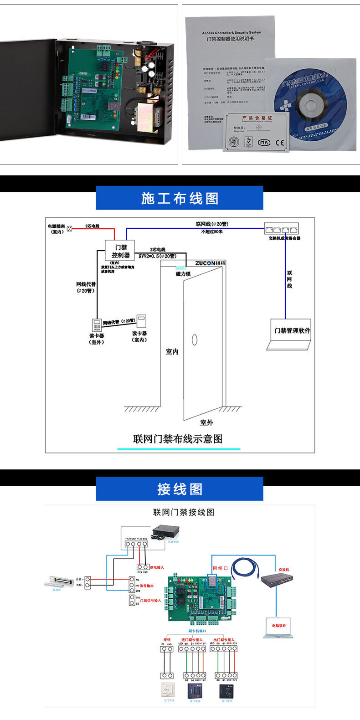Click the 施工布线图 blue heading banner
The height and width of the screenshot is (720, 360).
tap(180, 198)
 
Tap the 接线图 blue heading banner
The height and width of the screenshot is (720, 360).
tap(180, 489)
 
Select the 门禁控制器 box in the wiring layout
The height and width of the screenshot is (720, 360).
tap(121, 251)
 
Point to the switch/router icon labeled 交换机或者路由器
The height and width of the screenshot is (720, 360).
tap(282, 229)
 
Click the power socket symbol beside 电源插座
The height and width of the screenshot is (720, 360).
tap(70, 229)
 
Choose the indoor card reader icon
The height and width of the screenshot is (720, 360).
tap(142, 321)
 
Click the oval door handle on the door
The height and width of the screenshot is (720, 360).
tap(195, 339)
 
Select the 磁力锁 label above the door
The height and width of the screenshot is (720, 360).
tap(183, 274)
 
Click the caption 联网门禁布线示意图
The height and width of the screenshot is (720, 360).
tap(178, 439)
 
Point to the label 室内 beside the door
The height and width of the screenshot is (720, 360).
tap(172, 352)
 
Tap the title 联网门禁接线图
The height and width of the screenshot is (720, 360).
tap(184, 512)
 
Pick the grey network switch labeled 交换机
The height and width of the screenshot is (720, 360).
tap(278, 579)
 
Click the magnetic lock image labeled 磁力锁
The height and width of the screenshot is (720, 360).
tap(59, 581)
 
